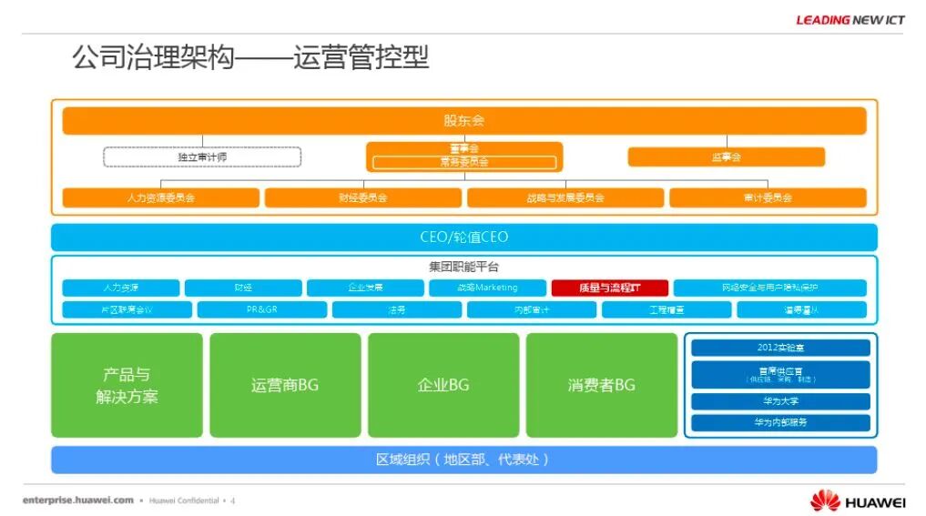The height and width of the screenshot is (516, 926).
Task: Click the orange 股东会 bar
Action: tap(463, 120)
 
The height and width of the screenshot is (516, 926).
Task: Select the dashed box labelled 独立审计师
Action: tap(202, 157)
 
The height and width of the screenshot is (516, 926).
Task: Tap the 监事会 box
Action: tap(726, 157)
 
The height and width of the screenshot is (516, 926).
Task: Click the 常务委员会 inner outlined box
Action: tap(464, 163)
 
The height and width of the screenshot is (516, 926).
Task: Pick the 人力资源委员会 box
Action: tap(160, 197)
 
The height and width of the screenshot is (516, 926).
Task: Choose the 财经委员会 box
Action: tap(363, 197)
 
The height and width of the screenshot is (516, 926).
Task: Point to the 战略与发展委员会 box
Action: tap(565, 197)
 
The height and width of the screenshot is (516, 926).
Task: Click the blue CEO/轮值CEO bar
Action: tap(463, 238)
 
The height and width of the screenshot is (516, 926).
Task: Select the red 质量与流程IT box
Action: tap(609, 288)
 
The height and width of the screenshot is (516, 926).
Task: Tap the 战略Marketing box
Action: tap(486, 288)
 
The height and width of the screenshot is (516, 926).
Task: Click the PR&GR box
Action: tap(260, 310)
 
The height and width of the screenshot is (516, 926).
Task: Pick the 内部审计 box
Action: tap(531, 310)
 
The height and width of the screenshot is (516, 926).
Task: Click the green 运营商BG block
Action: tap(285, 385)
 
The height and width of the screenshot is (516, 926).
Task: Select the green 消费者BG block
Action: tap(601, 385)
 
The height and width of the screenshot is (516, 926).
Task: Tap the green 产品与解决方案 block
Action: tap(127, 385)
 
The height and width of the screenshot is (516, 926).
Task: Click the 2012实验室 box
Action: tap(780, 348)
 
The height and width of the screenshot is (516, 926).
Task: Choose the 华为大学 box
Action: tap(780, 401)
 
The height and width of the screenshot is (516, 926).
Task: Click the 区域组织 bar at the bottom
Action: tap(463, 460)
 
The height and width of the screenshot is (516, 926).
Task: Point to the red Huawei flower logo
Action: tap(825, 501)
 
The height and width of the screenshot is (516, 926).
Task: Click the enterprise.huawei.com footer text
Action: tap(78, 501)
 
